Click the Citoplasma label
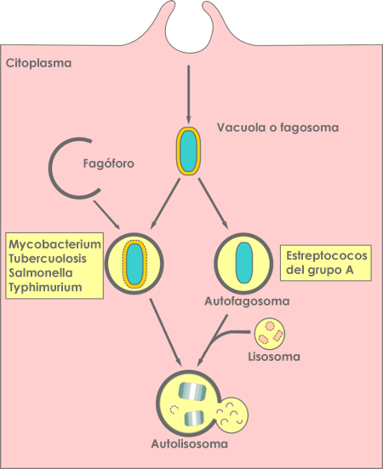(x=38, y=63)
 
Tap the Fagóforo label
(x=109, y=163)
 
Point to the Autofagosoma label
(x=247, y=301)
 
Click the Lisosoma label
(x=274, y=357)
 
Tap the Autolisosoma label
(x=189, y=443)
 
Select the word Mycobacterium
(x=54, y=244)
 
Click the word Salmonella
(x=41, y=272)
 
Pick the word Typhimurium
(x=45, y=287)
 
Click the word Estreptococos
(x=327, y=255)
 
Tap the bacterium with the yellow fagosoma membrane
(x=188, y=151)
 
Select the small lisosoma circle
(x=270, y=335)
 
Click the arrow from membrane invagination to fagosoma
(x=188, y=94)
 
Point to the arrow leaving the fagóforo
(x=106, y=214)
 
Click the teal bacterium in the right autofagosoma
(x=244, y=263)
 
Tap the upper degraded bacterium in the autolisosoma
(x=192, y=392)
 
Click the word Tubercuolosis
(x=48, y=259)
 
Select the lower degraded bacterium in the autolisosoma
(x=194, y=418)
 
